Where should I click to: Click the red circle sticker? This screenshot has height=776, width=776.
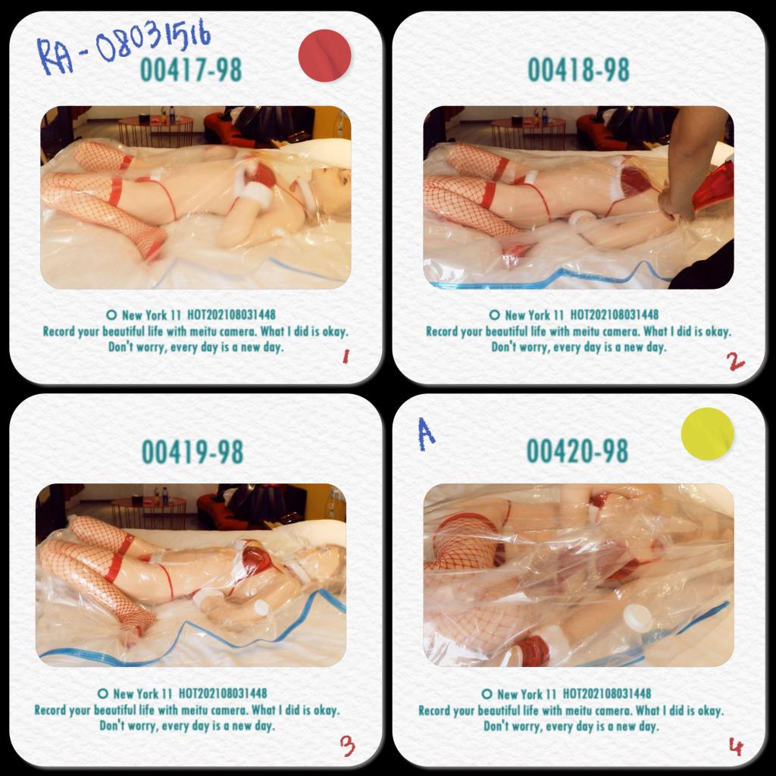click(x=324, y=55)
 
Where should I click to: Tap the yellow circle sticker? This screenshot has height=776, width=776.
click(x=707, y=434)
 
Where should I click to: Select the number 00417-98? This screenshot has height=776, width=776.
click(x=191, y=70)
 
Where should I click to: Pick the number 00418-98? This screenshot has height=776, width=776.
click(x=578, y=70)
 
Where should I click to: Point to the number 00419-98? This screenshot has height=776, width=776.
click(x=192, y=452)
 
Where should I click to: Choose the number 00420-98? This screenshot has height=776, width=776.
click(x=577, y=451)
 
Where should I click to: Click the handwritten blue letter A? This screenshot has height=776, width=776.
click(x=426, y=434)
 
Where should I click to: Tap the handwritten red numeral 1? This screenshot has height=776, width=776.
click(x=346, y=356)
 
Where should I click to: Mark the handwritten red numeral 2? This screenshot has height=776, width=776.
click(x=735, y=361)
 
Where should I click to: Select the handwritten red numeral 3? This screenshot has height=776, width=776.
click(x=347, y=746)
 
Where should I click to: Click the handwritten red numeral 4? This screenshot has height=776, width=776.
click(x=736, y=746)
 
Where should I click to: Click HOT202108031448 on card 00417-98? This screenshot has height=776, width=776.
click(x=231, y=314)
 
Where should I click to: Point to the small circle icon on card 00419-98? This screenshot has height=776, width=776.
click(x=103, y=693)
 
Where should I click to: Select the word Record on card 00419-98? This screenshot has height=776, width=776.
click(x=50, y=710)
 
